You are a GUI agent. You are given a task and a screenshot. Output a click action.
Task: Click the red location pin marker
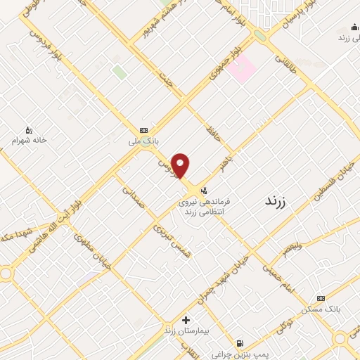(x=181, y=165)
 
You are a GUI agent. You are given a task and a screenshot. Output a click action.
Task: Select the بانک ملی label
(x=148, y=141)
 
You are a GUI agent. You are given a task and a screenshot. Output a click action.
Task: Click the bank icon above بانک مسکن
(x=321, y=298)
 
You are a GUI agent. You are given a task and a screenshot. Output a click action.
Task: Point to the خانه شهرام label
(x=29, y=140)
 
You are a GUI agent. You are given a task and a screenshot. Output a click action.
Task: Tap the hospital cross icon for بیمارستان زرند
(x=186, y=320)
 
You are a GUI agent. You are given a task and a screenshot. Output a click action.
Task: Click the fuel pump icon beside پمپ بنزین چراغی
(x=241, y=344)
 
